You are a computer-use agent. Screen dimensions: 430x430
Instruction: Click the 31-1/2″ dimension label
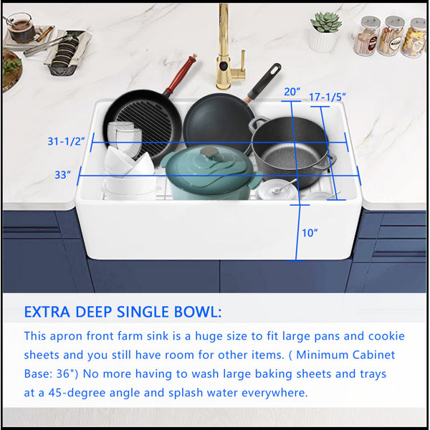point(66,141)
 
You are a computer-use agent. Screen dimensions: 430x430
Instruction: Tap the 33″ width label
point(62,175)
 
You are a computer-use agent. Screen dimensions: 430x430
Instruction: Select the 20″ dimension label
point(292,92)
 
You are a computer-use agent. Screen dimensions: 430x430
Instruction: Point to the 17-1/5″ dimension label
point(328,97)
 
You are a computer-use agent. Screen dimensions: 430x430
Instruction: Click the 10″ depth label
point(310,233)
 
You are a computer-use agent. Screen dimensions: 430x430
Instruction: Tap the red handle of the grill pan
point(181,74)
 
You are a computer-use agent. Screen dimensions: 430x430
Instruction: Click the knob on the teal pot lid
point(209,152)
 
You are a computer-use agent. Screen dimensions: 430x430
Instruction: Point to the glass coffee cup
point(20,27)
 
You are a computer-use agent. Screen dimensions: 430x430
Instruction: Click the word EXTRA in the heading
point(47,312)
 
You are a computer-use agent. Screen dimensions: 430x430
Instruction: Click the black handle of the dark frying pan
point(264,81)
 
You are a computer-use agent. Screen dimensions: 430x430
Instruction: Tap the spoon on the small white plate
point(284,186)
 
